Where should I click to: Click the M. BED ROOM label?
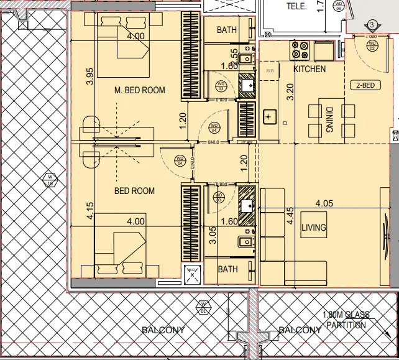[140, 90]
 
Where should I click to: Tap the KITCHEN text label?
[310, 69]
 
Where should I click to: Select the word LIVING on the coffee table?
[313, 228]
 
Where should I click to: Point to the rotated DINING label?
[329, 120]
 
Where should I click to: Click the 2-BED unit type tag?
[364, 86]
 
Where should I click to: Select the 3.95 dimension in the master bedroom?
[89, 75]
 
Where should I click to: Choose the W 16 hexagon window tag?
[48, 180]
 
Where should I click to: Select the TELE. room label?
[296, 6]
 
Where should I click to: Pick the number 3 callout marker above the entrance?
[372, 25]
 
